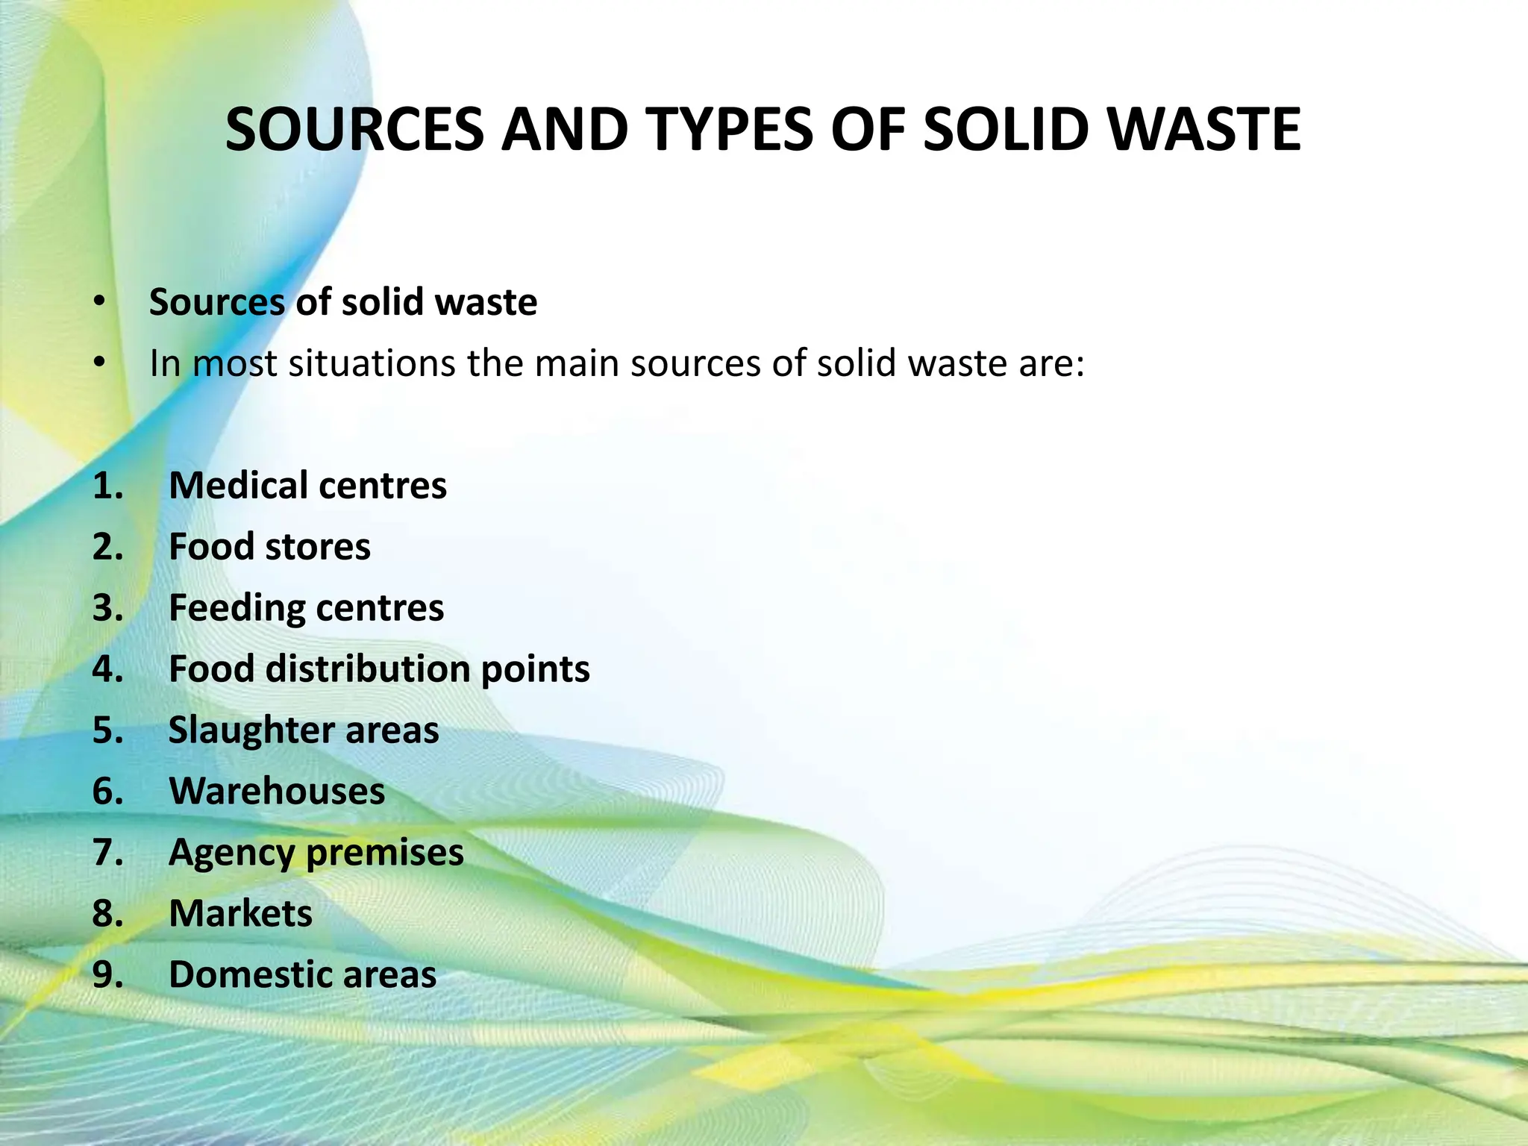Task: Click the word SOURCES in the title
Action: pyautogui.click(x=354, y=130)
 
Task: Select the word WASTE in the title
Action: pyautogui.click(x=1204, y=130)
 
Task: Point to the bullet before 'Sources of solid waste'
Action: pyautogui.click(x=99, y=301)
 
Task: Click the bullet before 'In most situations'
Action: pyautogui.click(x=99, y=363)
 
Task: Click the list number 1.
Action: pyautogui.click(x=107, y=486)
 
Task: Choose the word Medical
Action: pyautogui.click(x=234, y=486)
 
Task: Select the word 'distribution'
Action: pyautogui.click(x=368, y=668)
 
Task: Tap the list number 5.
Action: pyautogui.click(x=107, y=730)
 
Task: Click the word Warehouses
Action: pyautogui.click(x=277, y=792)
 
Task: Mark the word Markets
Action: pyautogui.click(x=240, y=914)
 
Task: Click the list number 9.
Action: pyautogui.click(x=107, y=975)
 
